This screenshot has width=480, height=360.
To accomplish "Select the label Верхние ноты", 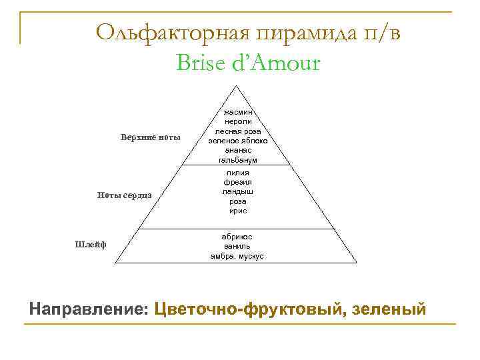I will pos(151,137).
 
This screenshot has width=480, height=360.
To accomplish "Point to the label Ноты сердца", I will pos(125,195).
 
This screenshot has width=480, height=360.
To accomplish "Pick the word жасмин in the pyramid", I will pos(237,113).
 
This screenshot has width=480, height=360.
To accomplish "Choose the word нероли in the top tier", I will pos(237,122).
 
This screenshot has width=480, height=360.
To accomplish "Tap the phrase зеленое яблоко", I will pos(237,141).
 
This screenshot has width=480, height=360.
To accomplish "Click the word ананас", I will pos(237,151).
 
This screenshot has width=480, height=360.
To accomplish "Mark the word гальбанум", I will pos(237,161).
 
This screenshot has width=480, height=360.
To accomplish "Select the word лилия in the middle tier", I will pos(237,173).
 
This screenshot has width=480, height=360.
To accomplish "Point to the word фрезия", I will pos(237,182).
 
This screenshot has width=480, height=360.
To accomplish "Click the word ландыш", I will pos(237,191).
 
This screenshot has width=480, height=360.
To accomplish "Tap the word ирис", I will pos(237,211).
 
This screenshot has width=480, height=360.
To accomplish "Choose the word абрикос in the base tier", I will pos(237,237).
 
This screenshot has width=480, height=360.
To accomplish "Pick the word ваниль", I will pos(237,246).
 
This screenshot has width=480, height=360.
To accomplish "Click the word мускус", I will pos(251,256).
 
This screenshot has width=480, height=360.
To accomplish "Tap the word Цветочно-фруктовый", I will pos(249,310).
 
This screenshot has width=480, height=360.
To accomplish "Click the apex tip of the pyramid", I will pos(237,86).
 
